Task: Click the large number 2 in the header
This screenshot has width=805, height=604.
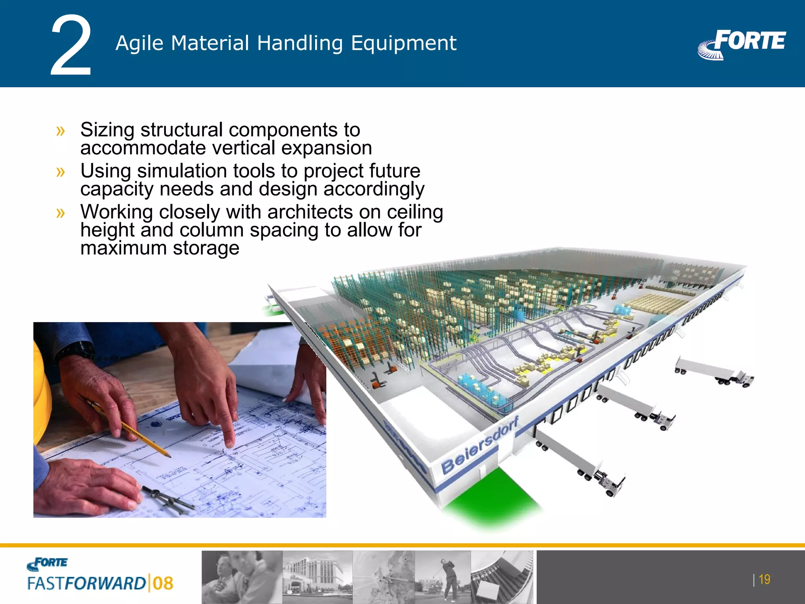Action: click(x=71, y=46)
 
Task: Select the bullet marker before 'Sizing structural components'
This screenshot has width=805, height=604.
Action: click(x=61, y=130)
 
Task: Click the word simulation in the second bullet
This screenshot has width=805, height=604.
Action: click(x=183, y=171)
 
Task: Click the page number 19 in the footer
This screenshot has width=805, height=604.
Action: click(x=764, y=579)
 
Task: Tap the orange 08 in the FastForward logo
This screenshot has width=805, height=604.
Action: click(x=163, y=583)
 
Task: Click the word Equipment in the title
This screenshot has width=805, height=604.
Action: click(x=404, y=43)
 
